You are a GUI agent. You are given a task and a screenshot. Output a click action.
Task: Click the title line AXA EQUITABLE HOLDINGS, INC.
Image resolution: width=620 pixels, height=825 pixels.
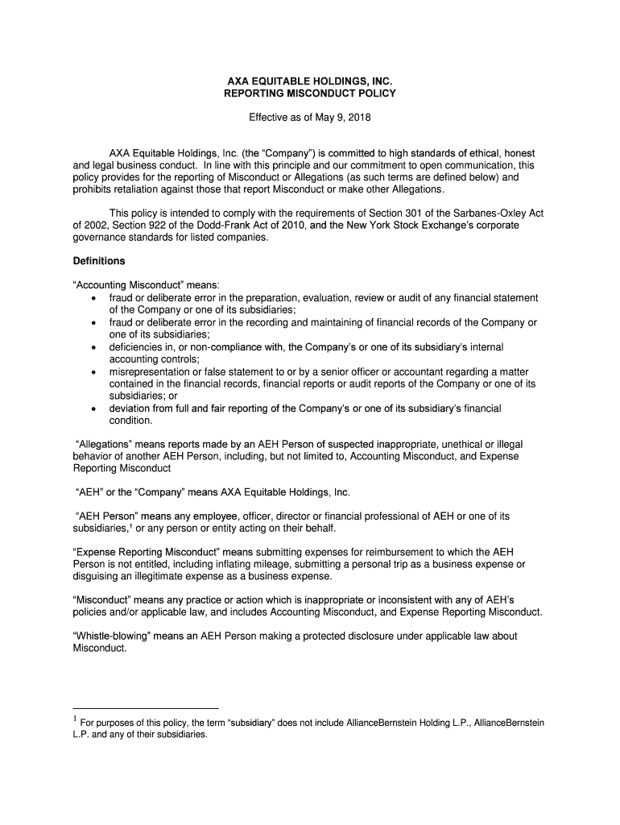pyautogui.click(x=309, y=81)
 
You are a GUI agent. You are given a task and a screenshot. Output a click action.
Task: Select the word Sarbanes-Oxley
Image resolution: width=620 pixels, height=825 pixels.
pyautogui.click(x=492, y=213)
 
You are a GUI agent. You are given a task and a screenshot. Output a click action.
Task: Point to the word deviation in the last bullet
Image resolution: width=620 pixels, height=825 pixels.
pyautogui.click(x=131, y=408)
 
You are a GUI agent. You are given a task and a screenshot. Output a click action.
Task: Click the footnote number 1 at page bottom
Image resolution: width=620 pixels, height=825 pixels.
pyautogui.click(x=75, y=720)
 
